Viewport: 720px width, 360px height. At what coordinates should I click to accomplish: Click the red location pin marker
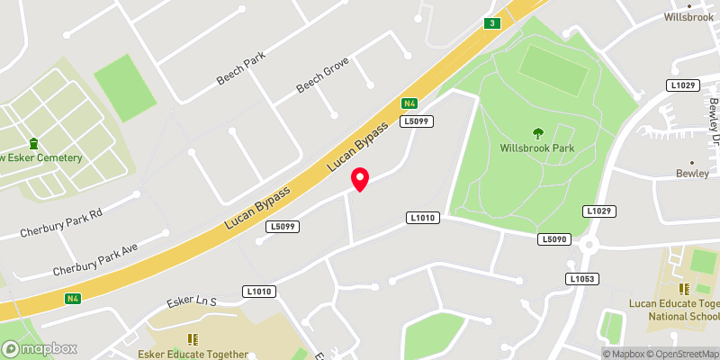360,179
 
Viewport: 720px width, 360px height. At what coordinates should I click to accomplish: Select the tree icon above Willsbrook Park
538,131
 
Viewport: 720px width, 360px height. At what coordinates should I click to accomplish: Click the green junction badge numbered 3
491,23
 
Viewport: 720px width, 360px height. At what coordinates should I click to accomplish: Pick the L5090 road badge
555,239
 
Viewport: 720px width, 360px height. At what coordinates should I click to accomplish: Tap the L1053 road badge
582,279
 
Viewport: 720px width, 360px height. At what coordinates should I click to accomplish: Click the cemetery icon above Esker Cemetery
34,143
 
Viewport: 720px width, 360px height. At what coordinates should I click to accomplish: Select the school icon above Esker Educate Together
191,339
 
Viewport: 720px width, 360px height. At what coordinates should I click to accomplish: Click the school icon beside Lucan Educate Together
683,288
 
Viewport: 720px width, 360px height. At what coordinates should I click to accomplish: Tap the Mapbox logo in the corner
40,348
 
